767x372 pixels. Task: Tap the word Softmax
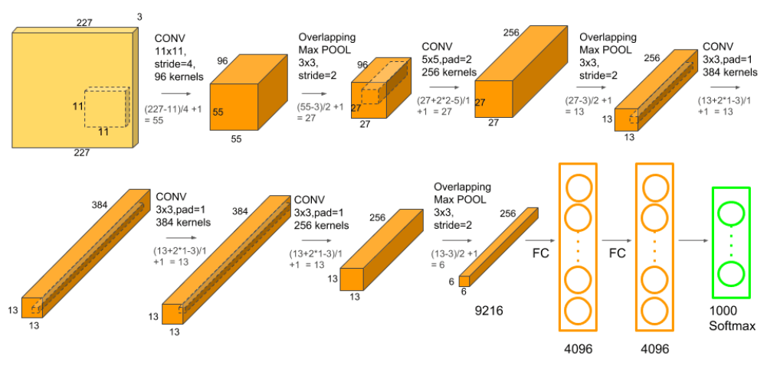pyautogui.click(x=733, y=325)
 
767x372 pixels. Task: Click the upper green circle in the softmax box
pyautogui.click(x=731, y=213)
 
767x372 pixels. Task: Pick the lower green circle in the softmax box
pyautogui.click(x=731, y=272)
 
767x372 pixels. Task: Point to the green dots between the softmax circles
pyautogui.click(x=731, y=243)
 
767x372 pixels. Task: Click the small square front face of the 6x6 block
pyautogui.click(x=464, y=281)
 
